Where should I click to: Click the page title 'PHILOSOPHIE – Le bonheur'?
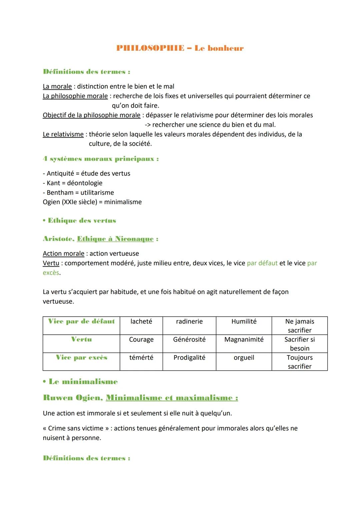(x=180, y=48)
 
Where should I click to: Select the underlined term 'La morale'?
(x=57, y=87)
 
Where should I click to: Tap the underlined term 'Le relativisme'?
(x=63, y=134)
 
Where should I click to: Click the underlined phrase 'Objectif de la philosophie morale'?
(x=91, y=115)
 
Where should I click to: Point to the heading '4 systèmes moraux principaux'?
(x=100, y=159)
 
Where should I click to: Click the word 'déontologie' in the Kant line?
(x=85, y=183)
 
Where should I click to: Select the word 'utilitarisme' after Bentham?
(x=97, y=193)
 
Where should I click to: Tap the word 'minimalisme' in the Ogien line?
(x=123, y=202)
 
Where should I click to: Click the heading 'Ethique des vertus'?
(x=82, y=221)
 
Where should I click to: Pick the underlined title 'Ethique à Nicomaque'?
(x=115, y=239)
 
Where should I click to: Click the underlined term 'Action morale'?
(x=63, y=254)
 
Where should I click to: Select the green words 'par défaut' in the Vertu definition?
(x=262, y=263)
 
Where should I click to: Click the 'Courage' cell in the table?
(x=141, y=340)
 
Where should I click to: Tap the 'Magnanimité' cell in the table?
(x=244, y=340)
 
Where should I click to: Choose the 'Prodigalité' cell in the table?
(x=189, y=358)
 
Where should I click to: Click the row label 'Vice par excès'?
(x=81, y=358)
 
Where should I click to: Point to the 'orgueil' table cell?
(x=244, y=358)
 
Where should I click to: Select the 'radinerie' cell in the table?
(x=189, y=322)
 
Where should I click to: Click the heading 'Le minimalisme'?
(x=83, y=382)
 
